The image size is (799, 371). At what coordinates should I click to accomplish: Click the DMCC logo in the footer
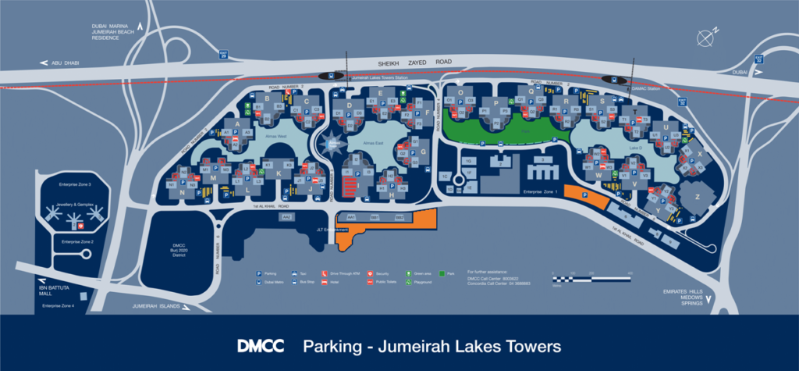point(261,345)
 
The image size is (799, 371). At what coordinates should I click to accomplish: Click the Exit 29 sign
point(224,55)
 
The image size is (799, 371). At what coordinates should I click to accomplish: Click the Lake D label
point(613,147)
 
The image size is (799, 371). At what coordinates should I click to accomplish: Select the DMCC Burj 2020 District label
point(181,251)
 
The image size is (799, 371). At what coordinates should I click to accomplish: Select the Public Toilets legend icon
point(370,282)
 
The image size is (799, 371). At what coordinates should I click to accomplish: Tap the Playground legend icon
point(408,282)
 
